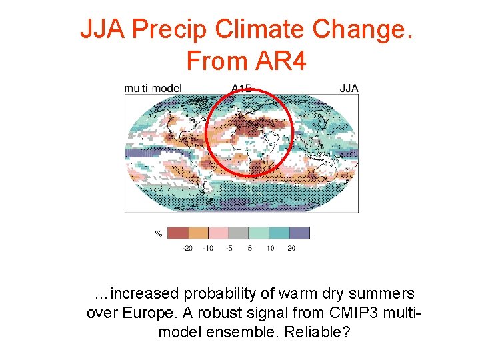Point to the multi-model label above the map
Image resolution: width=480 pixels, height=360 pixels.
[x=153, y=88]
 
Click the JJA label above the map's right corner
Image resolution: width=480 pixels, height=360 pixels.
[x=349, y=88]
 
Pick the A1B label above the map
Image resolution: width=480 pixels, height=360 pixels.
[x=242, y=87]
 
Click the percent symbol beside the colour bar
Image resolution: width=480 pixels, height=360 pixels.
[x=159, y=233]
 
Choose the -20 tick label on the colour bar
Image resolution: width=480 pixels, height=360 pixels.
[x=187, y=248]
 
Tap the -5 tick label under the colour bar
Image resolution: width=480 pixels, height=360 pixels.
[x=229, y=248]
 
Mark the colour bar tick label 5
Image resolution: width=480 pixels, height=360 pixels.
[x=249, y=248]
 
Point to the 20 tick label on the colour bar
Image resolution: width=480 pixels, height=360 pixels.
[x=291, y=248]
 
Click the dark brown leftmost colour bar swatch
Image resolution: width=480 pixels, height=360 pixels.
[x=178, y=233]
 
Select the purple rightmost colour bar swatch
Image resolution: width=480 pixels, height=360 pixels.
[x=299, y=233]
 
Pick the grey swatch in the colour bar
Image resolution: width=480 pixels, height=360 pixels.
[x=239, y=233]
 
